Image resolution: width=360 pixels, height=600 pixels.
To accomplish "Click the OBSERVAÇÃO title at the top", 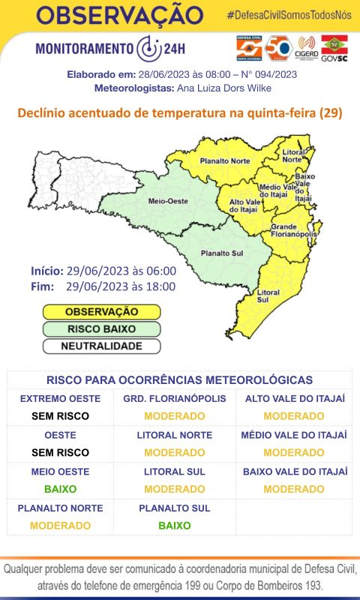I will point(119,14).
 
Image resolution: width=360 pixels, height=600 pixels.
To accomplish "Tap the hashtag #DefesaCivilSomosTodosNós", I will point(289,16).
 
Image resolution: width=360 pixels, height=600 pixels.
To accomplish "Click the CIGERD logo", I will point(306,49).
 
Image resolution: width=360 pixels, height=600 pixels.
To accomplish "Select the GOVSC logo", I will point(334,49).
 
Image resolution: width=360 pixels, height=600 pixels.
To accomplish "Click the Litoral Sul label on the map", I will point(268,295).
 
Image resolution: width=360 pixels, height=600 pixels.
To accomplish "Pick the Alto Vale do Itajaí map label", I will point(244,205).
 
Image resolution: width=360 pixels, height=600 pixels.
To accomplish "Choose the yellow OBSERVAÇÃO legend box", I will point(101,311).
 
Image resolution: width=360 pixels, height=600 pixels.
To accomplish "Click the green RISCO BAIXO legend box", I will point(101,328).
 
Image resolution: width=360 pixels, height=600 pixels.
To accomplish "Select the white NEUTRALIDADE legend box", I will point(101,346).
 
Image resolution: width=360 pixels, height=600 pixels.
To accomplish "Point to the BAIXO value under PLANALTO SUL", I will point(174,526).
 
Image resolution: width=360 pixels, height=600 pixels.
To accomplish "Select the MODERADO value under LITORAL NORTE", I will point(174,452).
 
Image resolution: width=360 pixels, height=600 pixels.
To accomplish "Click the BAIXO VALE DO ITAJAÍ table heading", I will point(295,472).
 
